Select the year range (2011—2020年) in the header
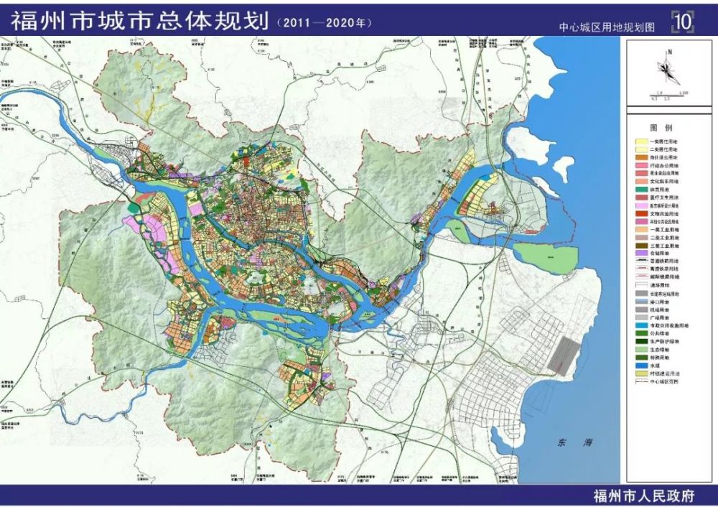click(x=324, y=22)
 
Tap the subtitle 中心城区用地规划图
click(x=607, y=27)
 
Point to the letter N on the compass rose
click(x=668, y=52)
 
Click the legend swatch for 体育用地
click(x=640, y=189)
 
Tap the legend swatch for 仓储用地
click(x=640, y=253)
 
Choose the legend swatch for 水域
click(x=640, y=364)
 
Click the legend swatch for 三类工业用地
click(x=640, y=244)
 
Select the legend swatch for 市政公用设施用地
click(x=640, y=325)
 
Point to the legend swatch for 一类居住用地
click(x=640, y=141)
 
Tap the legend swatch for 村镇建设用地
click(x=640, y=373)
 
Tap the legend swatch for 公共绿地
click(x=640, y=334)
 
